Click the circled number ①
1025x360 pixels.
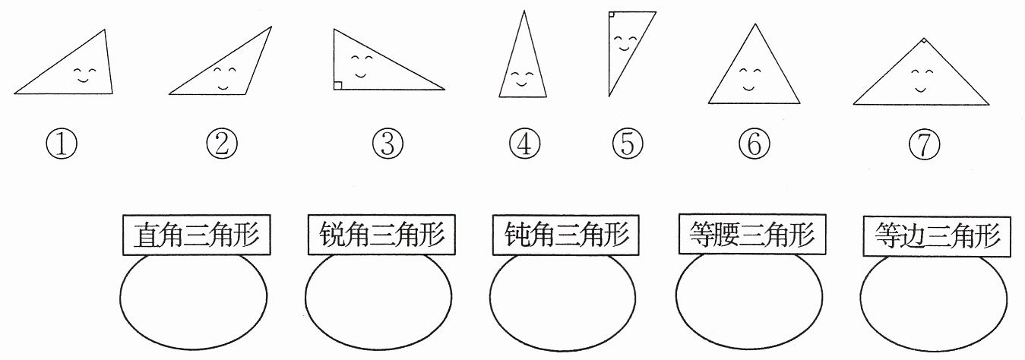[62, 144]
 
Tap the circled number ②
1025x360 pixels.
[222, 144]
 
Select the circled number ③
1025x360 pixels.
[388, 144]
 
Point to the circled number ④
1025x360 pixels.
[524, 144]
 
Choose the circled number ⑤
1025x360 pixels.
[628, 144]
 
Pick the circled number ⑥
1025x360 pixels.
[754, 144]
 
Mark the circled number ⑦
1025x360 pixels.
[925, 144]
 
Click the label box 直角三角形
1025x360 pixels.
[196, 235]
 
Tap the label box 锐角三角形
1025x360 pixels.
[381, 234]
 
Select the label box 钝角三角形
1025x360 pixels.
[566, 235]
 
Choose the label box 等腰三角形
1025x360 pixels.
[752, 233]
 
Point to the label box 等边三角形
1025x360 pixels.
[937, 236]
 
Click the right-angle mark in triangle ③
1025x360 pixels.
[337, 86]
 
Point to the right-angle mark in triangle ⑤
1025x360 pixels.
[612, 14]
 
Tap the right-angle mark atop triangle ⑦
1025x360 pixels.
[925, 41]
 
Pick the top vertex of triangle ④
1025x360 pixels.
[524, 11]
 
